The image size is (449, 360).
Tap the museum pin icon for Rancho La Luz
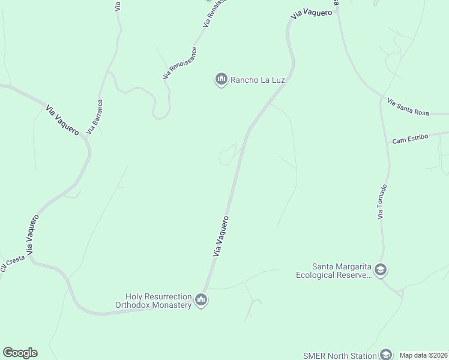coord(221,79)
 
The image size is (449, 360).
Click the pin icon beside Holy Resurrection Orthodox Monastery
coord(201,300)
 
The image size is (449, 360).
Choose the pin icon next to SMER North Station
coord(385,355)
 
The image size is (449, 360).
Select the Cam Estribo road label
coord(410,139)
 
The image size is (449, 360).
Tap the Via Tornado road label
coord(382,202)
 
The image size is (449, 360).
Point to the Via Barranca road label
coord(95,116)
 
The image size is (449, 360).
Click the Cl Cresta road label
coord(12,263)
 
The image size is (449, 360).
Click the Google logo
coord(20,353)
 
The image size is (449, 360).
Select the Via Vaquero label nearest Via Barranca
coord(62,120)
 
